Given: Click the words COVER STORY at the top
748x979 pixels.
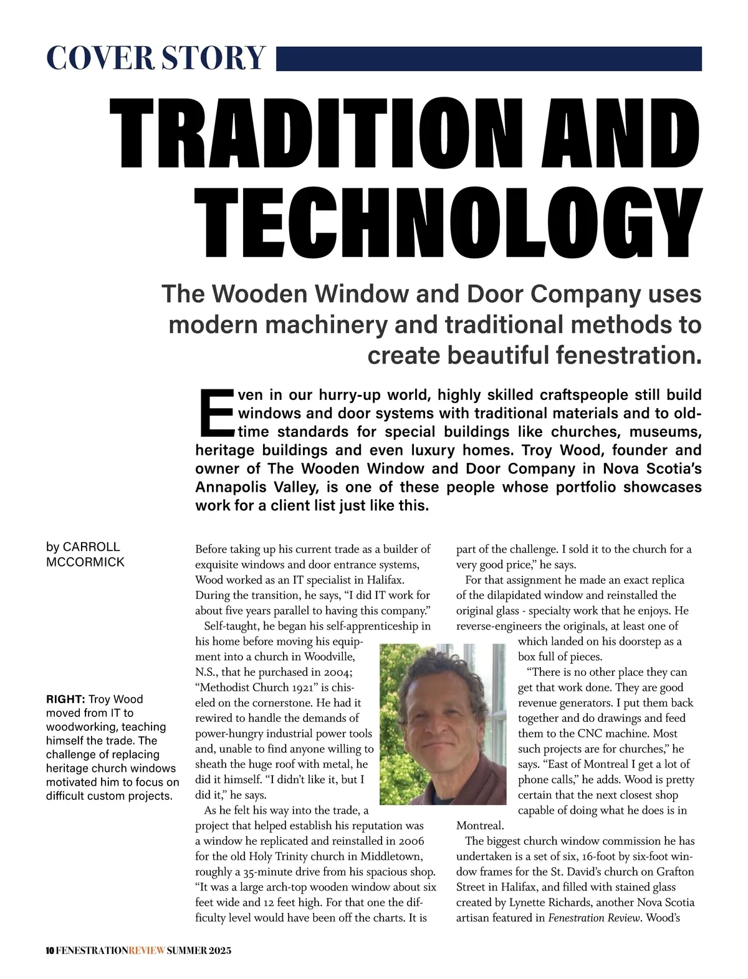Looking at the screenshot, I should click(156, 58).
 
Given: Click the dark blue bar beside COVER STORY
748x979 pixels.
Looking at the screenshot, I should click(489, 58).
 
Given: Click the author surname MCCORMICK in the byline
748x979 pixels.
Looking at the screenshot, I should click(85, 562).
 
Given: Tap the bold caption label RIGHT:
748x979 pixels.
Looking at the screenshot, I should click(65, 699).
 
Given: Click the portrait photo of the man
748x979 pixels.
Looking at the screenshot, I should click(443, 724).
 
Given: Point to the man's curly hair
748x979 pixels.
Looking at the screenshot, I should click(436, 671).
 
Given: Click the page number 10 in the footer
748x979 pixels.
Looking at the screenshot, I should click(50, 951).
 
